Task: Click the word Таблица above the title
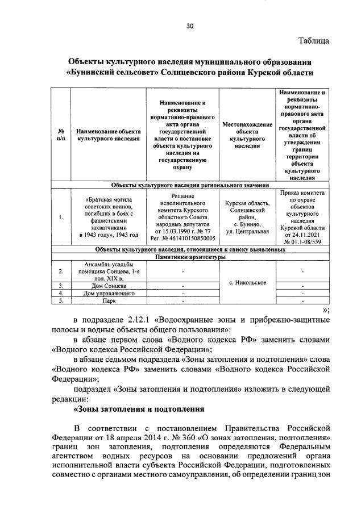313,41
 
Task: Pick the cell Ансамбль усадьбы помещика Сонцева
108,271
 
